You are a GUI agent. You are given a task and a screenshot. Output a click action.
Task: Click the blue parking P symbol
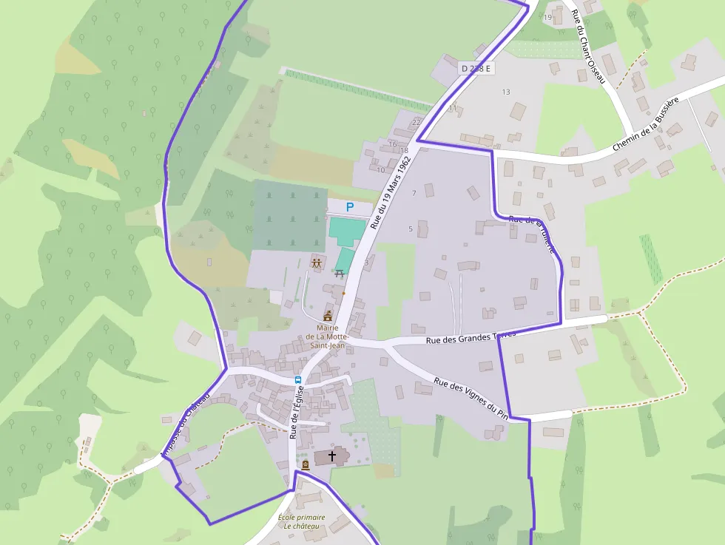(350, 208)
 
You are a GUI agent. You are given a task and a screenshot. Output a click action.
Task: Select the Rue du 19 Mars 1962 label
(390, 192)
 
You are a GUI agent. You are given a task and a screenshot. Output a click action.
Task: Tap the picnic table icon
(340, 273)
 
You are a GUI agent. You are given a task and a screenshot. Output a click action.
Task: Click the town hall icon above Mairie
(328, 316)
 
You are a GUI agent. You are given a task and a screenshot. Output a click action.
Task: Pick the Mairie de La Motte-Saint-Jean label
(326, 336)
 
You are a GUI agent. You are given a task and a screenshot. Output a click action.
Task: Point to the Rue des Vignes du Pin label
(471, 397)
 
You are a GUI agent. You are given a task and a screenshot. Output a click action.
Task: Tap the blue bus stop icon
(298, 379)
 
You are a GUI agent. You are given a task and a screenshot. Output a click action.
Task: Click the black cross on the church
(332, 456)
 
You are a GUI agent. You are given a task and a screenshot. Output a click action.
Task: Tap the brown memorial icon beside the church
(305, 464)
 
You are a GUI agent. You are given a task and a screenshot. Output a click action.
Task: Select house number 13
(506, 92)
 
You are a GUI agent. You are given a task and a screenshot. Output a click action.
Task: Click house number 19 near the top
(547, 17)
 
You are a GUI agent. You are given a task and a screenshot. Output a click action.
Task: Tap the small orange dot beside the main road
(343, 293)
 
